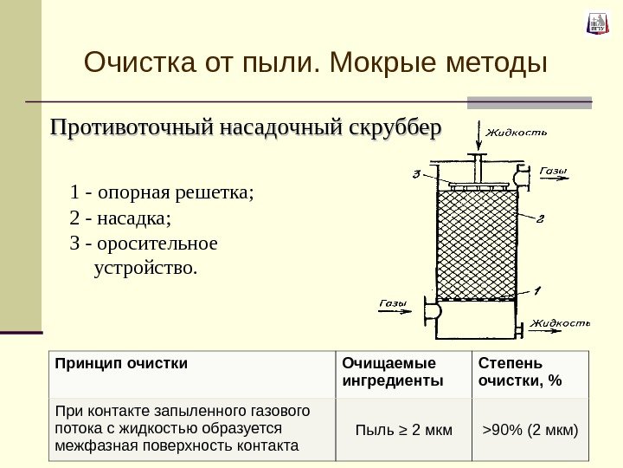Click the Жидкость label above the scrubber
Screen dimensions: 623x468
point(517,133)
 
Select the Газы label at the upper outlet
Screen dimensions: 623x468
point(553,171)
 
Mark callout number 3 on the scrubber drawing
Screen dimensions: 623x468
point(417,173)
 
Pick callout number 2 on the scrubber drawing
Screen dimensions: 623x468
point(540,218)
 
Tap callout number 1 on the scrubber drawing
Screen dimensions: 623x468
point(536,289)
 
